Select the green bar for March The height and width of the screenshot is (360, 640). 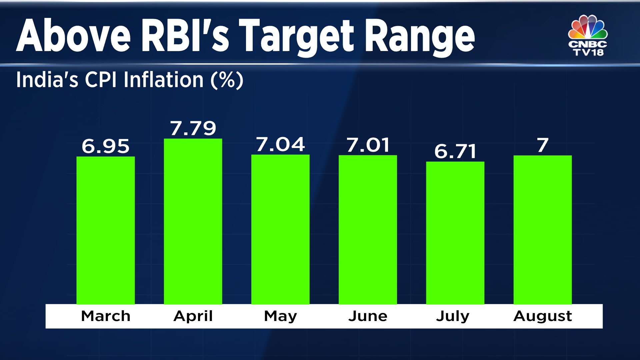[x=105, y=230]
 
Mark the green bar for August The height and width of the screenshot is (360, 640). [x=542, y=230]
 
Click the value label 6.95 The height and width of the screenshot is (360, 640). [x=105, y=146]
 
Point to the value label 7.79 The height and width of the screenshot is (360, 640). [x=193, y=128]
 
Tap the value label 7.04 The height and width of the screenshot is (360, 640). [x=280, y=145]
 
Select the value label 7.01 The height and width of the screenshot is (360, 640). [x=368, y=145]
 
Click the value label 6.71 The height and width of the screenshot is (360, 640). [x=455, y=152]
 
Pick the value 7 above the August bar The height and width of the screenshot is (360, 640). [x=542, y=145]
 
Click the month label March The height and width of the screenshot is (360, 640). [x=105, y=316]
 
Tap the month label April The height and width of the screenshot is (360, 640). [x=193, y=316]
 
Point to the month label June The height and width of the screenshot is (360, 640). [x=368, y=316]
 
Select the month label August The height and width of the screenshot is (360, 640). [x=542, y=316]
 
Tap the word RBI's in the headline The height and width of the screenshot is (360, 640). [x=185, y=36]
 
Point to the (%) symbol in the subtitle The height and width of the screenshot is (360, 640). [x=227, y=80]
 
